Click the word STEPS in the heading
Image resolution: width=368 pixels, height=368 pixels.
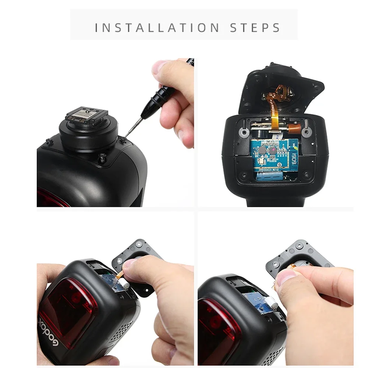pos(255,28)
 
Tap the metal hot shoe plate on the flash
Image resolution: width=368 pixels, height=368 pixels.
pos(87,116)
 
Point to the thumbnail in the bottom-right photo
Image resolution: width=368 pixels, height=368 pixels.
pos(284,277)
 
